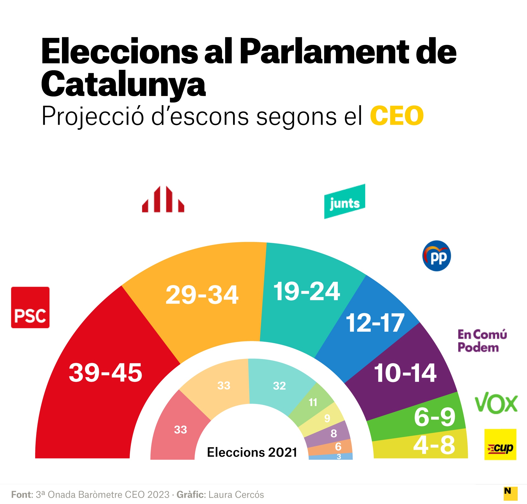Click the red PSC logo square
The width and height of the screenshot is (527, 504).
pyautogui.click(x=30, y=307)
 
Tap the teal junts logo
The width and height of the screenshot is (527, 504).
pyautogui.click(x=344, y=201)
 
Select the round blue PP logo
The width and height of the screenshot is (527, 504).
pyautogui.click(x=437, y=256)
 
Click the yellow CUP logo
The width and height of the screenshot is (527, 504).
pyautogui.click(x=500, y=444)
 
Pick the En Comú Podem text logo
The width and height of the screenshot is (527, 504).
pyautogui.click(x=482, y=341)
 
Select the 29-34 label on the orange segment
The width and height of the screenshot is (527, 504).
pyautogui.click(x=202, y=295)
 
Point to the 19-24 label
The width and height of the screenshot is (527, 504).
pyautogui.click(x=307, y=291)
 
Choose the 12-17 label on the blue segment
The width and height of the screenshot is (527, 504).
pyautogui.click(x=375, y=323)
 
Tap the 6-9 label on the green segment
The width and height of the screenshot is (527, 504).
pyautogui.click(x=435, y=417)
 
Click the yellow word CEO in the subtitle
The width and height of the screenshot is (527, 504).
pyautogui.click(x=397, y=116)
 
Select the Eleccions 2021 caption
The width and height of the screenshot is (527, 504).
pyautogui.click(x=252, y=452)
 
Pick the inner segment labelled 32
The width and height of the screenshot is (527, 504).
pyautogui.click(x=279, y=386)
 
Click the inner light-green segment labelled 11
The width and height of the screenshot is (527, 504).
pyautogui.click(x=313, y=402)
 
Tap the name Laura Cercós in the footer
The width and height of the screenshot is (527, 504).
pyautogui.click(x=236, y=494)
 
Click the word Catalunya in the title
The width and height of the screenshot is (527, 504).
pyautogui.click(x=123, y=84)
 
